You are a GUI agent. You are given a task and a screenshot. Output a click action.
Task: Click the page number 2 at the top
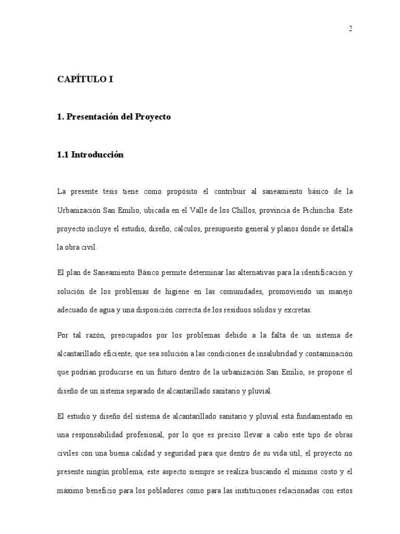pyautogui.click(x=351, y=29)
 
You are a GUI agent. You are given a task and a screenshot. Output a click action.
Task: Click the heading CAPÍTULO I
pyautogui.click(x=85, y=80)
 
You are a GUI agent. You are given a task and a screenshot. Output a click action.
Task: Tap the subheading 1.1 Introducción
pyautogui.click(x=90, y=155)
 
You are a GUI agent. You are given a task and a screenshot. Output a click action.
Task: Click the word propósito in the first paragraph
pyautogui.click(x=184, y=191)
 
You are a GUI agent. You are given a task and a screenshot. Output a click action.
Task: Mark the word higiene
pyautogui.click(x=180, y=291)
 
